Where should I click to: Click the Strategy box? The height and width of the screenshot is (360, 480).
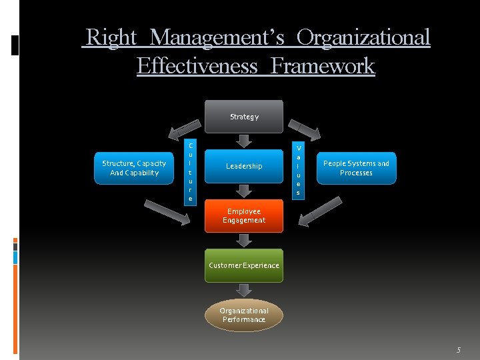[244, 117]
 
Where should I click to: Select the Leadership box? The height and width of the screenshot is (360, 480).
[244, 166]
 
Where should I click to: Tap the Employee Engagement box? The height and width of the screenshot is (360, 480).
[244, 216]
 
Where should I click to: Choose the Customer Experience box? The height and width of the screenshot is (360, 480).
[244, 265]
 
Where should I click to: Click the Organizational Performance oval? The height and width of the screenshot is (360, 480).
[244, 315]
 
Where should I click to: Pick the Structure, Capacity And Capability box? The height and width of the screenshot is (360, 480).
[134, 168]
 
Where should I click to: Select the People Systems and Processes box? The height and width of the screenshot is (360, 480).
[356, 168]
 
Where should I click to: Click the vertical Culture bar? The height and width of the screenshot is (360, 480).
[190, 172]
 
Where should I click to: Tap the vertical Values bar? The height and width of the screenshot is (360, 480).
[298, 170]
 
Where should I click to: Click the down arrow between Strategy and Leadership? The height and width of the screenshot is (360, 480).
[244, 141]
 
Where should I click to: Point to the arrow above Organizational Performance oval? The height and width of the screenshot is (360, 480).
[244, 290]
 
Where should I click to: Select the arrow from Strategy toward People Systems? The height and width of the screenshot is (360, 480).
[303, 127]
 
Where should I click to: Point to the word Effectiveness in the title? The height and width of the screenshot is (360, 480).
[197, 66]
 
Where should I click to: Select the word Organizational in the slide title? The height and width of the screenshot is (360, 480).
[363, 38]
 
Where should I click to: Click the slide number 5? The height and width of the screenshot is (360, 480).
[458, 350]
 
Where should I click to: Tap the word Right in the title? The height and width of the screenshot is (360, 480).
[111, 38]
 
